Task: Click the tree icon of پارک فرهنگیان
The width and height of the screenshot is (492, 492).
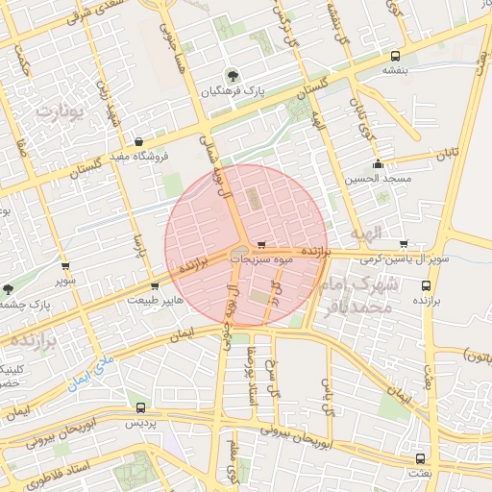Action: click(231, 75)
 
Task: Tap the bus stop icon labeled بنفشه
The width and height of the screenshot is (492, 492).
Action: click(397, 56)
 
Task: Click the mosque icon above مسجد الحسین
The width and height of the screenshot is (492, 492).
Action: click(380, 163)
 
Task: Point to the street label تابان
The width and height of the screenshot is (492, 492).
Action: click(444, 155)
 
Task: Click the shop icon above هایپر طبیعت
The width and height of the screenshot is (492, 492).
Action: click(154, 285)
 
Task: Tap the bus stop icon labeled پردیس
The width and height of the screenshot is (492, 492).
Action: click(141, 407)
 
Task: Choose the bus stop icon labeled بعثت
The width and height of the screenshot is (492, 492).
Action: click(420, 458)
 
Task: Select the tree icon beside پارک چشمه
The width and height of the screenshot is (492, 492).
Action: click(9, 289)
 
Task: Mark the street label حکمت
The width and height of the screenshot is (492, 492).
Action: click(21, 63)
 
